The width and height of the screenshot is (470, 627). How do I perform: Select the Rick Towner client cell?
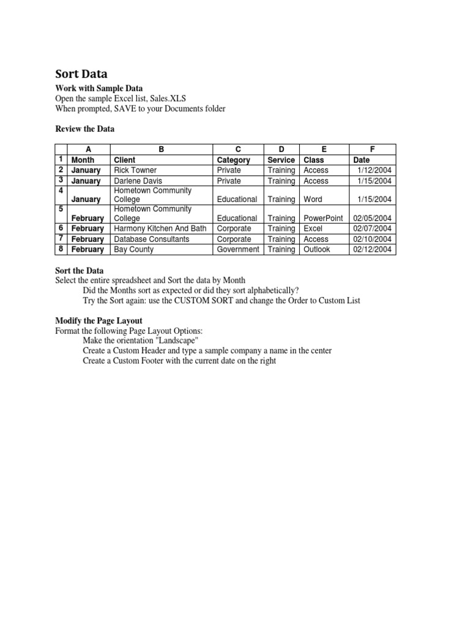click(x=135, y=170)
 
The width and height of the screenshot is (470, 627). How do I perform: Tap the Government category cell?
click(x=239, y=249)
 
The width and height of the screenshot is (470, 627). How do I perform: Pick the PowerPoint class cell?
click(x=323, y=218)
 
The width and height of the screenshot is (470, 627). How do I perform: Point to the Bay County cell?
click(x=134, y=249)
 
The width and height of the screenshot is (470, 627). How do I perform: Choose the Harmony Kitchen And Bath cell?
click(x=160, y=228)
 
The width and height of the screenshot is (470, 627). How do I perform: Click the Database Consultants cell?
click(x=152, y=239)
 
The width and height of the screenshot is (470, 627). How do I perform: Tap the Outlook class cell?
click(x=316, y=249)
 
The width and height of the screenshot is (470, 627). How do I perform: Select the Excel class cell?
click(x=313, y=228)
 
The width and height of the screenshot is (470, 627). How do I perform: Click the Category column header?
click(x=234, y=160)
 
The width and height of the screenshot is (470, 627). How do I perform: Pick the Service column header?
click(x=282, y=160)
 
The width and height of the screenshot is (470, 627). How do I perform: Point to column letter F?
click(x=373, y=149)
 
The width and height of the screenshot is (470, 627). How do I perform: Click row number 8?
click(x=61, y=249)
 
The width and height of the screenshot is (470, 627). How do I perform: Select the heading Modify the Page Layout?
click(x=99, y=321)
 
